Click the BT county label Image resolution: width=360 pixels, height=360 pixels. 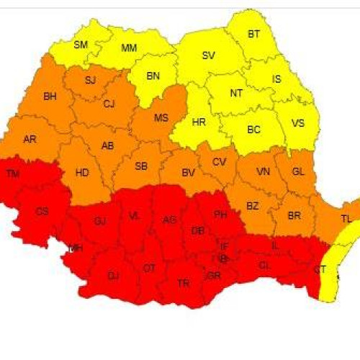click(253, 34)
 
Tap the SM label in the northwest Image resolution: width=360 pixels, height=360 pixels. click(81, 45)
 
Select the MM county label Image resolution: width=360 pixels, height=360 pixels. click(129, 48)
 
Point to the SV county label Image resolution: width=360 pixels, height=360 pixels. click(208, 55)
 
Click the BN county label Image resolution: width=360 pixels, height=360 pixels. click(153, 76)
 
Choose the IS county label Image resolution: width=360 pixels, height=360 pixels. click(276, 79)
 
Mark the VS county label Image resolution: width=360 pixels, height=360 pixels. click(297, 123)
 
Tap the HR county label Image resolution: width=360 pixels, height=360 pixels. click(199, 122)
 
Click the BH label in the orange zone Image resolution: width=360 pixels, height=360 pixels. click(50, 96)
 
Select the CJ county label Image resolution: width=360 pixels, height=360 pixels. click(109, 104)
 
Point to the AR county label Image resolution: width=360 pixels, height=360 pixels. click(30, 139)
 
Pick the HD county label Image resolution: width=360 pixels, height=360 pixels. click(82, 173)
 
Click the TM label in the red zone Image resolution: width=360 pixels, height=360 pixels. click(13, 174)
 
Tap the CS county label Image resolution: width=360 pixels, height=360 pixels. click(42, 211)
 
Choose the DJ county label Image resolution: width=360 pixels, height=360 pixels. click(113, 276)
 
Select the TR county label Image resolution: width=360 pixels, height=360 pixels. click(183, 284)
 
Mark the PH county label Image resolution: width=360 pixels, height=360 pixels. click(220, 214)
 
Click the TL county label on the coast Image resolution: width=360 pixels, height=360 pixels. click(346, 218)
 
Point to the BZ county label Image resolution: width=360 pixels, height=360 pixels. click(252, 206)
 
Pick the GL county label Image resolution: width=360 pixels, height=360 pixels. click(299, 172)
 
